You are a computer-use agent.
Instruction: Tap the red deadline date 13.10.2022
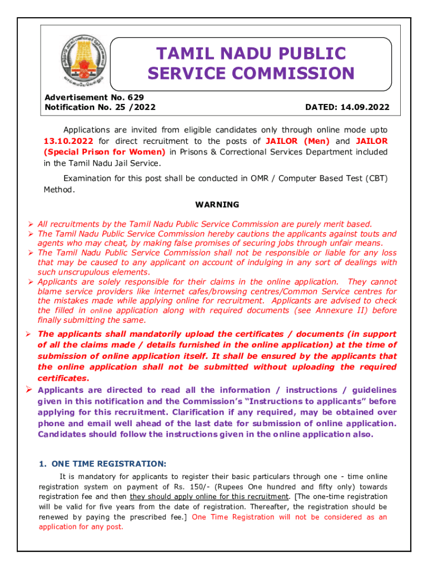tap(68, 141)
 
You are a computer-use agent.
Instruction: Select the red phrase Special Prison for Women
tap(106, 152)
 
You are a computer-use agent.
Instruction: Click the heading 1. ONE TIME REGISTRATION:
tap(102, 463)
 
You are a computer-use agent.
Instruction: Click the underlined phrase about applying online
tap(209, 497)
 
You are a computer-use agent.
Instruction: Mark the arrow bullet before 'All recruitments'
tap(31, 224)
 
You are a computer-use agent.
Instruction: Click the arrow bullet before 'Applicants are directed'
tap(31, 390)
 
